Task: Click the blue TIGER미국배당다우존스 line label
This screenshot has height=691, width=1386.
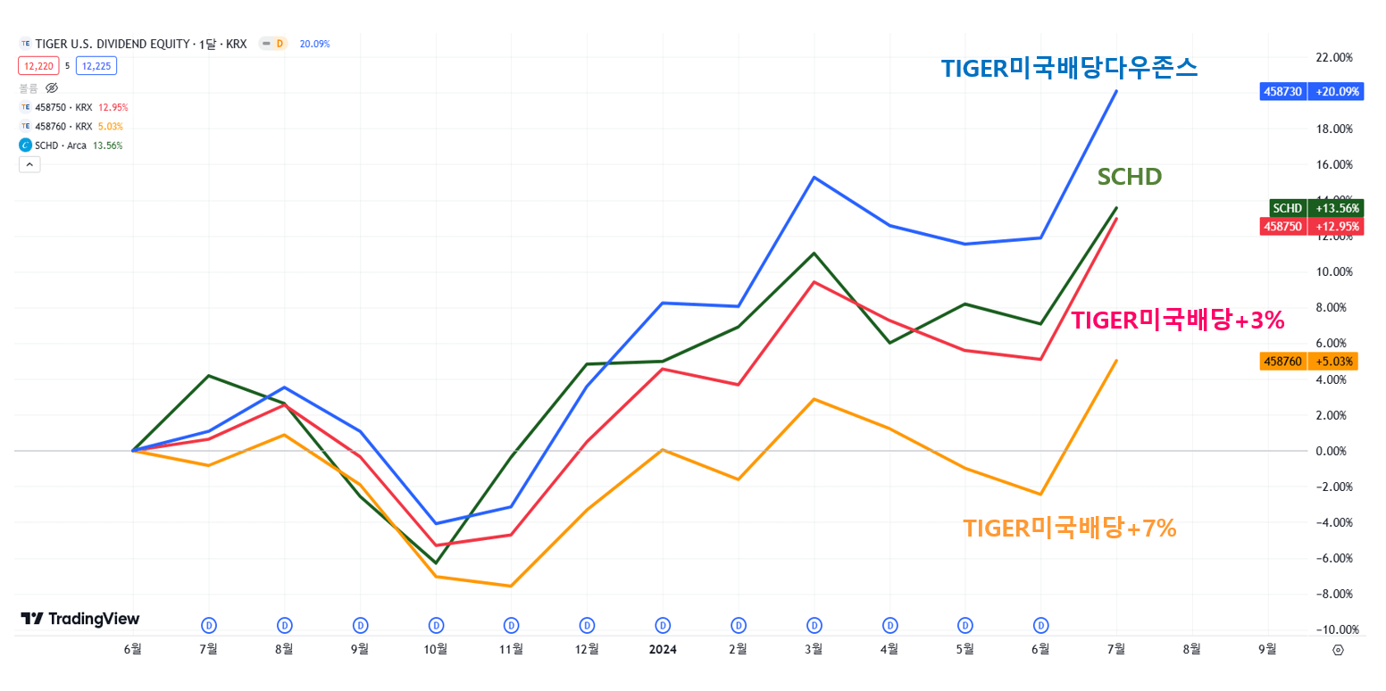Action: tap(1069, 69)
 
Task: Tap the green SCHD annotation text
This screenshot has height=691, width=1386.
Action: tap(1129, 177)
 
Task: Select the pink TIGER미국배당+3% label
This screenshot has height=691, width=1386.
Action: tap(1177, 321)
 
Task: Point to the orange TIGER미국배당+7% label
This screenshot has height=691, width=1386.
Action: tap(1069, 529)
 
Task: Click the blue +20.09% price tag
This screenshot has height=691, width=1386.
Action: tap(1335, 91)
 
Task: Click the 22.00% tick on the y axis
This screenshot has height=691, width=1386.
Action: tap(1335, 57)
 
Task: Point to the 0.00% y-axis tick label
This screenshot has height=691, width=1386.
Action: tap(1337, 451)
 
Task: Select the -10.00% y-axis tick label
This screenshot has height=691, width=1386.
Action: tap(1334, 629)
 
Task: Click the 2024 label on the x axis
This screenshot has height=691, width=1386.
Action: tap(663, 650)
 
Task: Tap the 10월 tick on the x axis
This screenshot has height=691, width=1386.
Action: tap(436, 650)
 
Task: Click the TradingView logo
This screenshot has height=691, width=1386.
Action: tap(80, 619)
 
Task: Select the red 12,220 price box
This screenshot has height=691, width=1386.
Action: tap(38, 65)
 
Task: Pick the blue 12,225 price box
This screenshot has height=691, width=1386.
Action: tap(96, 65)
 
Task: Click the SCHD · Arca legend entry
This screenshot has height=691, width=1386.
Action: tap(61, 145)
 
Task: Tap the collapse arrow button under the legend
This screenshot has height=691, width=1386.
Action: tap(29, 164)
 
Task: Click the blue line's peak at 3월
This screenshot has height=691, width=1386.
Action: tap(814, 177)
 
